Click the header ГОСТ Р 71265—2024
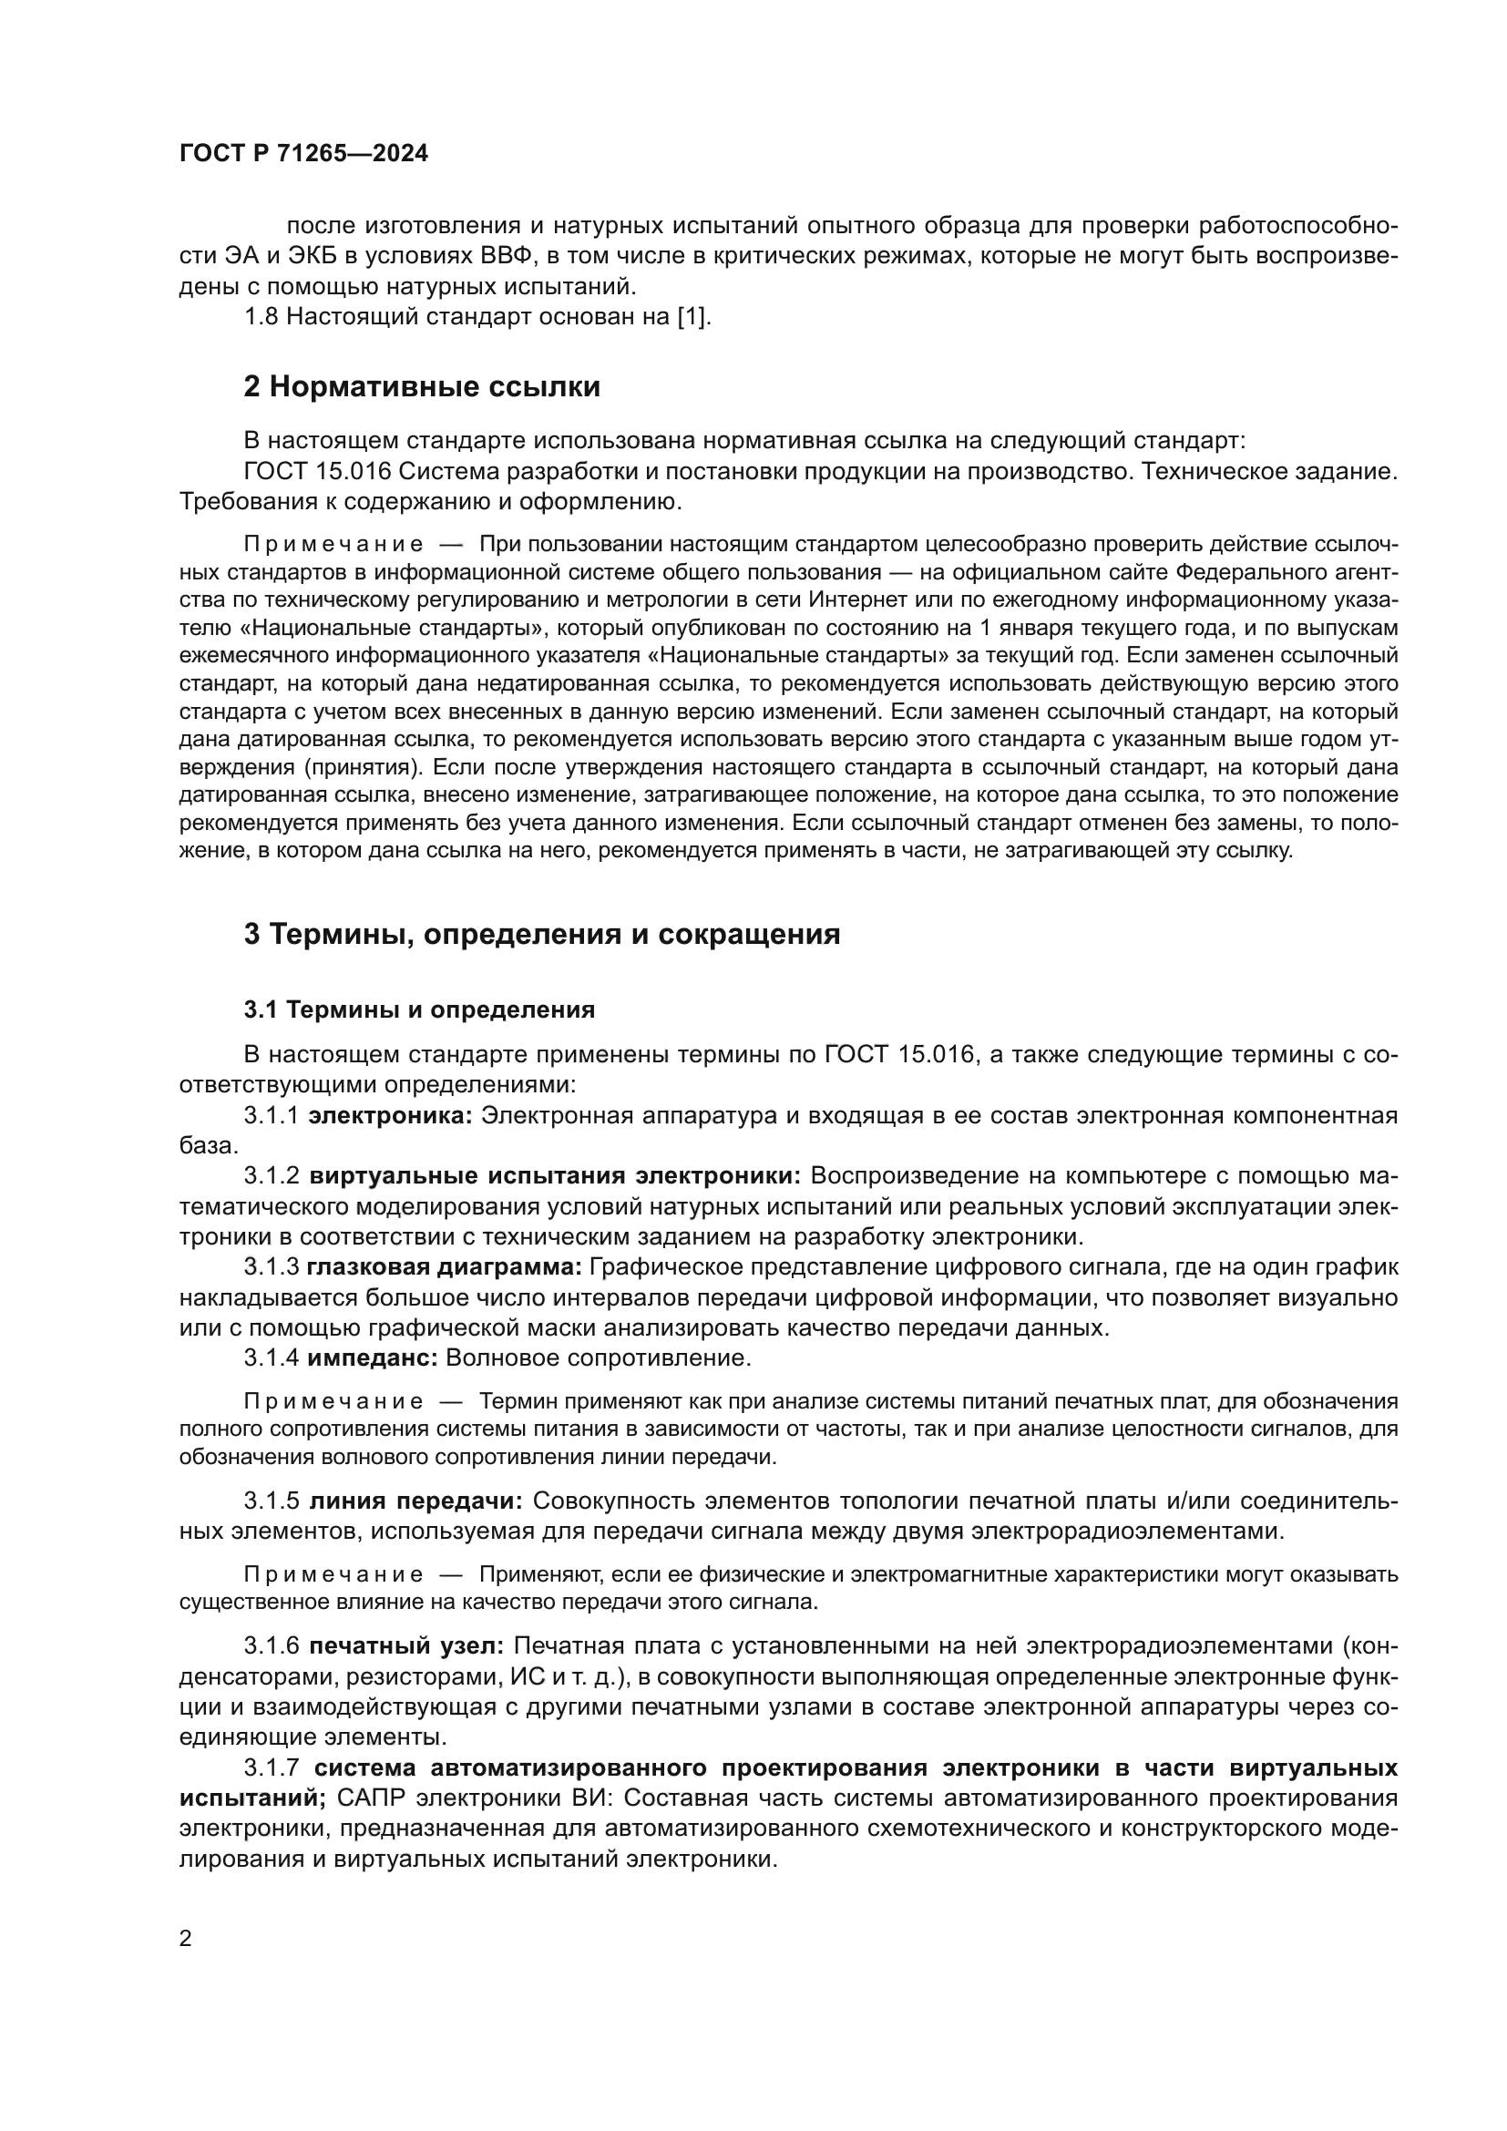(303, 154)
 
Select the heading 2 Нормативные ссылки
(421, 387)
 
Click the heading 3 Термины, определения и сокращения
(542, 934)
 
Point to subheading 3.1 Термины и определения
(419, 1009)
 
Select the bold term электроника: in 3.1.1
(390, 1116)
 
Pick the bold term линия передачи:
(416, 1501)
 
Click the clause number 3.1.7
(271, 1768)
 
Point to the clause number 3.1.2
(271, 1177)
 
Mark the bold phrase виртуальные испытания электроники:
(554, 1177)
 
